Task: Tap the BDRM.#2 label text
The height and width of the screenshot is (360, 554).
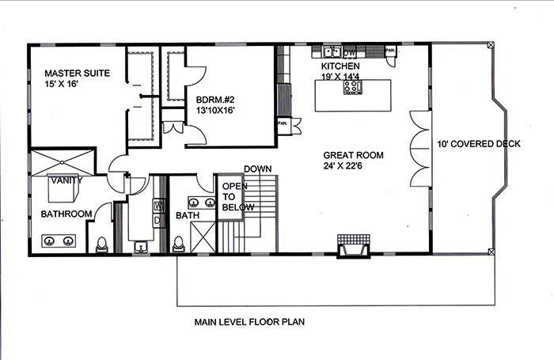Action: (x=214, y=100)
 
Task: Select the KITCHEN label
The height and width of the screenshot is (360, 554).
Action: (x=341, y=66)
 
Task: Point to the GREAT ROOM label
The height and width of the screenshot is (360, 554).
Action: (x=354, y=155)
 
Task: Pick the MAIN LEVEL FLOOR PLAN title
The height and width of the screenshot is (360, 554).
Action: (x=249, y=322)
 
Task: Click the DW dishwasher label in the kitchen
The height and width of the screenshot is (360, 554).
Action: (x=350, y=52)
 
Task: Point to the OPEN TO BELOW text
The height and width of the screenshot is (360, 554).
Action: (x=237, y=197)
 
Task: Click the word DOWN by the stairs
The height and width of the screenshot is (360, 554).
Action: (x=257, y=169)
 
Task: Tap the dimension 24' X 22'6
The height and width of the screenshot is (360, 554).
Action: (x=353, y=166)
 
